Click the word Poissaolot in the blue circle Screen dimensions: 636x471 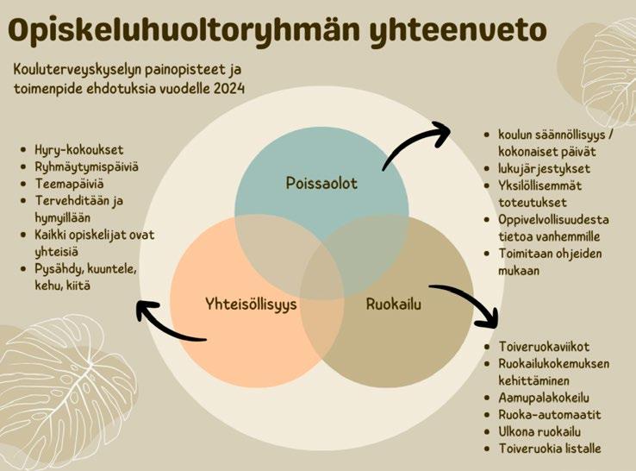click(321, 183)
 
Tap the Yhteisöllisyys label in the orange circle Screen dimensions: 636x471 click(251, 305)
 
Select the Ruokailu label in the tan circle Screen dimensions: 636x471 click(394, 305)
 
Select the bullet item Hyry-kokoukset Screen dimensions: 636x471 click(78, 150)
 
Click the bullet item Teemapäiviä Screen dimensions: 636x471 click(69, 184)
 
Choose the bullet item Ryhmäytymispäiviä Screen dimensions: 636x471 click(86, 166)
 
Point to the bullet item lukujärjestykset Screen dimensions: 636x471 click(544, 168)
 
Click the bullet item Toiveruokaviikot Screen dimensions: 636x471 click(544, 347)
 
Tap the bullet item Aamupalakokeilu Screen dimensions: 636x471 click(544, 398)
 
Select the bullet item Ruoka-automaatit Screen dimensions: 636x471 click(550, 415)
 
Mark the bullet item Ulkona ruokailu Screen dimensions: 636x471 click(539, 431)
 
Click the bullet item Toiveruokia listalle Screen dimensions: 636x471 click(550, 449)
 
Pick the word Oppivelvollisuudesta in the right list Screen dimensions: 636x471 click(553, 220)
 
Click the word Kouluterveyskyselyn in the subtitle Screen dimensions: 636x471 click(74, 70)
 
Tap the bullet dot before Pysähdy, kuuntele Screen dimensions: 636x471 click(23, 269)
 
